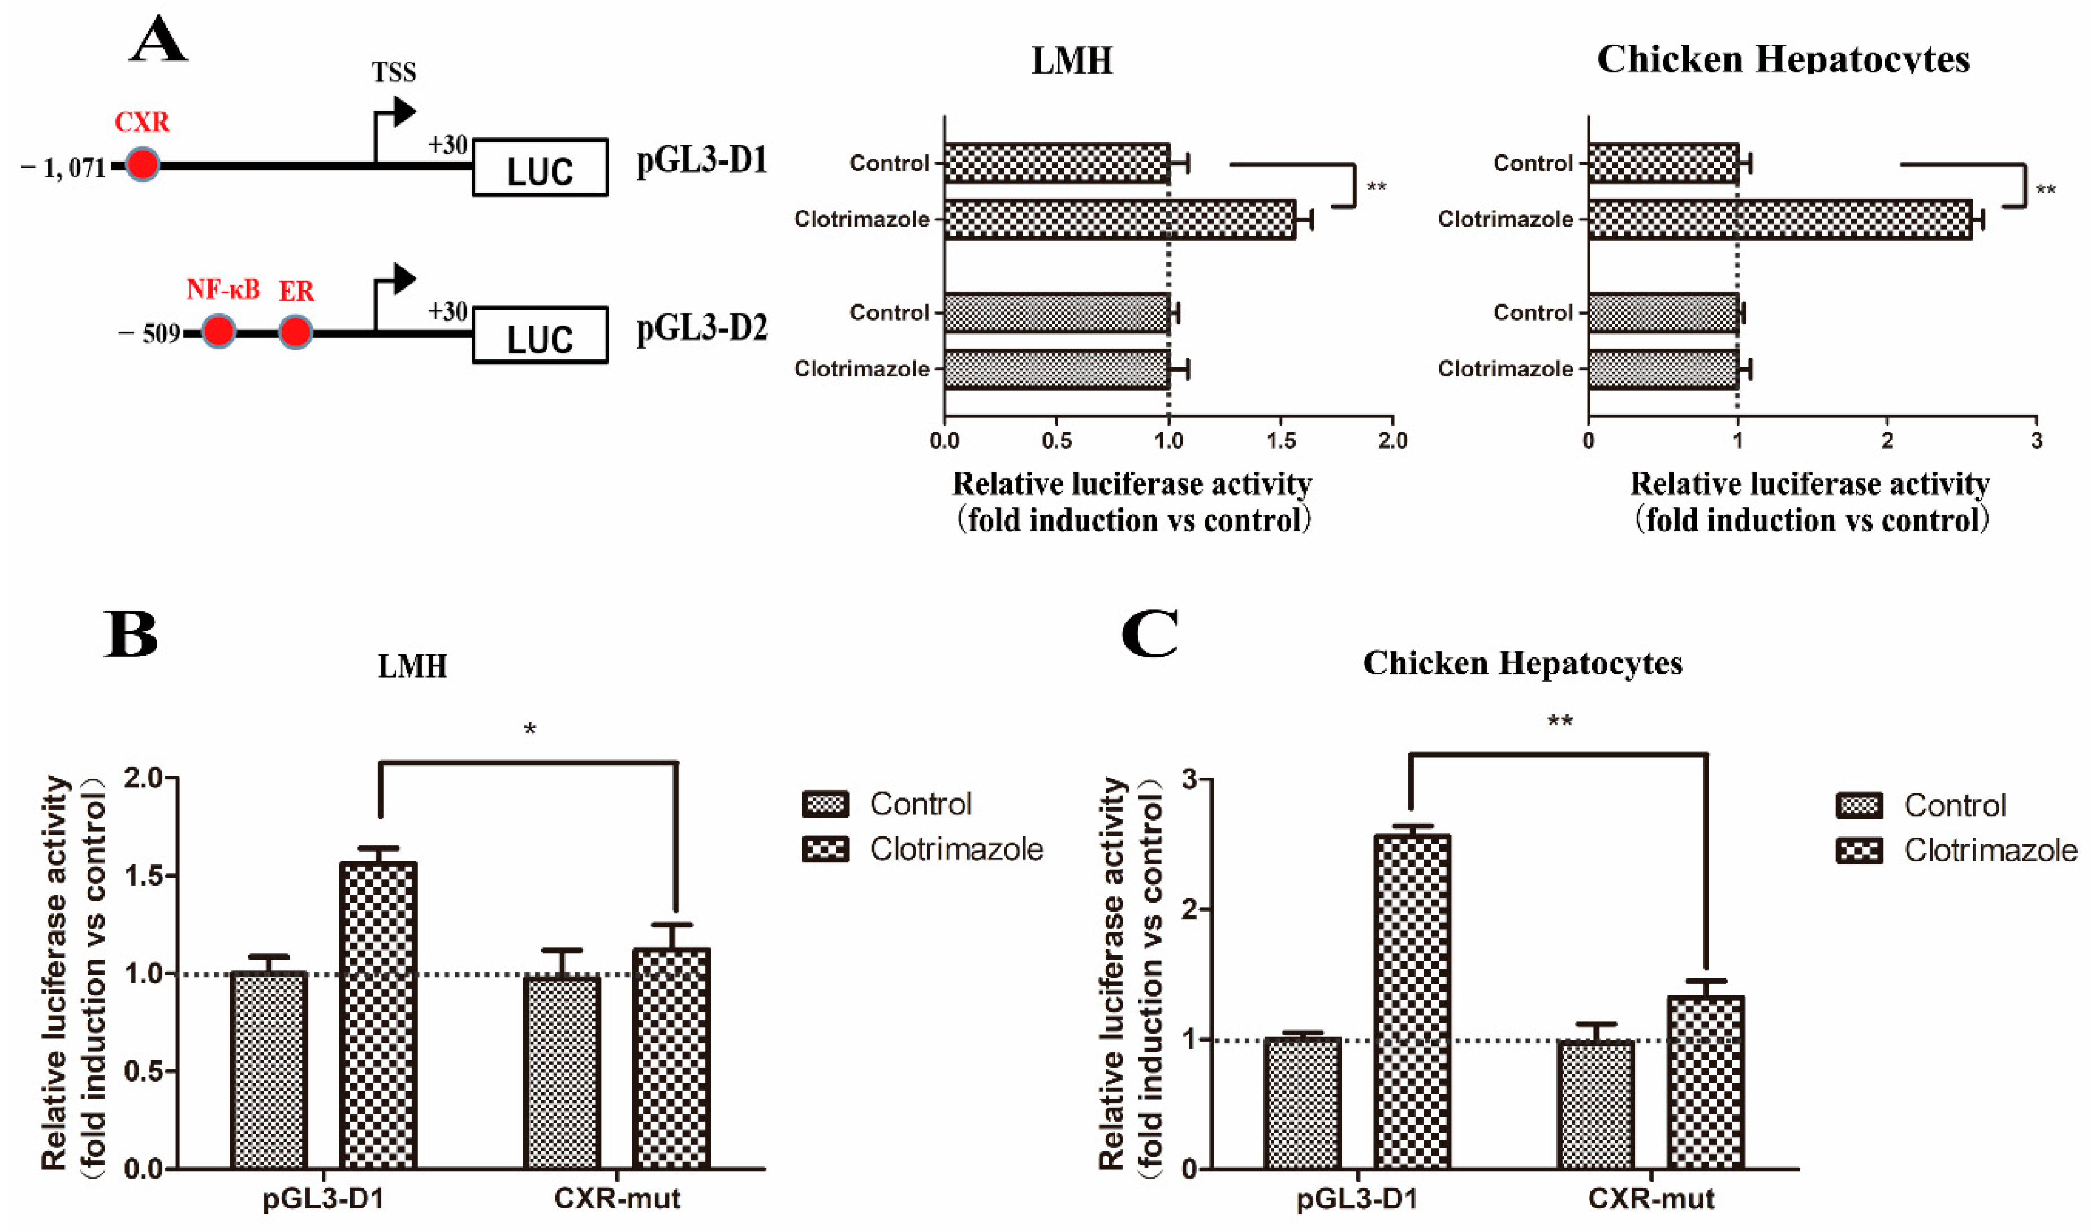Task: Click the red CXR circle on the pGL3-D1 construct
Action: click(x=143, y=164)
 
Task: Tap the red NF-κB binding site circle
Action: click(x=219, y=332)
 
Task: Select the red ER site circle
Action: click(x=295, y=332)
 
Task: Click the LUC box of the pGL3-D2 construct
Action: click(x=540, y=335)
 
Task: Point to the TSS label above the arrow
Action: click(x=394, y=72)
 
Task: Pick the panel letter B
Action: click(x=131, y=634)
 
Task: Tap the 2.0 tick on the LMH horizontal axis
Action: click(x=1392, y=440)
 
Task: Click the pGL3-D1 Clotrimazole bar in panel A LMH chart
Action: click(x=1119, y=219)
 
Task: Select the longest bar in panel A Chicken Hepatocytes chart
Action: click(x=1780, y=219)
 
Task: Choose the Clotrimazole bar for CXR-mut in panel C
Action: click(x=1705, y=1082)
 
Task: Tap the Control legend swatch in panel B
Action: click(x=825, y=804)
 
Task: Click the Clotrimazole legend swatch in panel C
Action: click(x=1859, y=851)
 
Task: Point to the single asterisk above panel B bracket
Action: click(x=530, y=730)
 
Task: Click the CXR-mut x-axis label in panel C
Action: click(x=1651, y=1199)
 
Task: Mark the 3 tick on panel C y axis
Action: click(x=1189, y=780)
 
